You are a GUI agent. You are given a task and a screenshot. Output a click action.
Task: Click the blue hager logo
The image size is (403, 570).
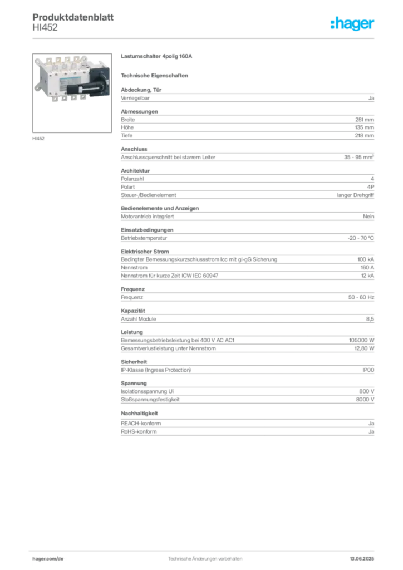353,24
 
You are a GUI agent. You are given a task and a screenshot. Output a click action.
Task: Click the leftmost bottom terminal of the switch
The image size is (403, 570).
58,98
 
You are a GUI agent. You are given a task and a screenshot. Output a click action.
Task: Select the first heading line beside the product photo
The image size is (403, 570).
158,57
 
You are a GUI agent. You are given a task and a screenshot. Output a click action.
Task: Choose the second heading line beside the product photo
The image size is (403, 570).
156,75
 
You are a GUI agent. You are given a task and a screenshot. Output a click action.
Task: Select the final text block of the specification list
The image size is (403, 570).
247,424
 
